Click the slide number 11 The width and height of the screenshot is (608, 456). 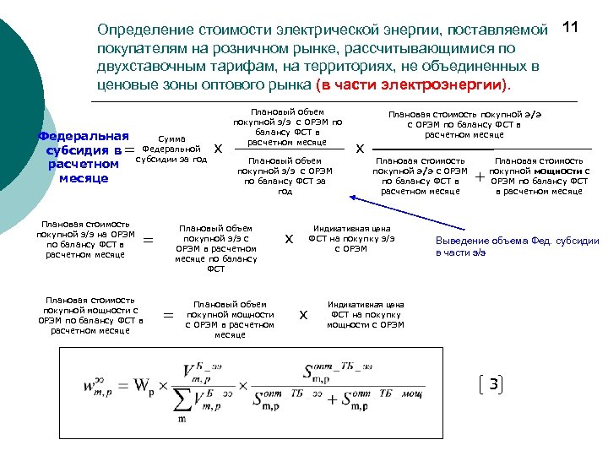coord(570,28)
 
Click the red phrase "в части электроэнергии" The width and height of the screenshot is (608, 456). coord(411,86)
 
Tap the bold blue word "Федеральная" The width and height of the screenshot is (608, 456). coord(84,136)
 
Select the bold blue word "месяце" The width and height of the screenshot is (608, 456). coord(83,178)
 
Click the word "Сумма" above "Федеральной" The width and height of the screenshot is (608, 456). coord(171,138)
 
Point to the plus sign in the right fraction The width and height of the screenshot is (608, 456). coord(480,177)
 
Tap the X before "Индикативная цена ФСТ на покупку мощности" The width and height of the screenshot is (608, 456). coord(304,315)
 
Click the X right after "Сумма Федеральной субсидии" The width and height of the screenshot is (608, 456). coord(219,149)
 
